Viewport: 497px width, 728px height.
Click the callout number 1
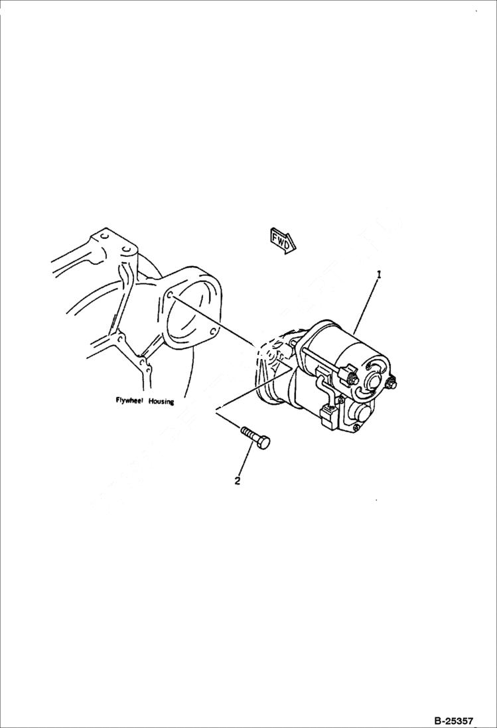click(x=379, y=274)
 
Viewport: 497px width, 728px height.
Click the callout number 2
click(x=237, y=481)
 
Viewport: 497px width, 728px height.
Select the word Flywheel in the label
click(x=129, y=401)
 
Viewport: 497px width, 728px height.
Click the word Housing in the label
click(x=161, y=401)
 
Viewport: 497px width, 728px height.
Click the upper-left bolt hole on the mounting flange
click(x=171, y=295)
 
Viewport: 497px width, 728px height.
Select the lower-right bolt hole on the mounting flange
click(x=211, y=333)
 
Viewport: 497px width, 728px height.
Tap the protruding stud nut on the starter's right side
click(x=393, y=383)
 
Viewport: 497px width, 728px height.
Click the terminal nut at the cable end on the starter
click(x=352, y=379)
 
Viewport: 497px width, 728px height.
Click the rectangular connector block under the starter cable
click(x=328, y=417)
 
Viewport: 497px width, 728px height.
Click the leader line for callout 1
click(x=366, y=305)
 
